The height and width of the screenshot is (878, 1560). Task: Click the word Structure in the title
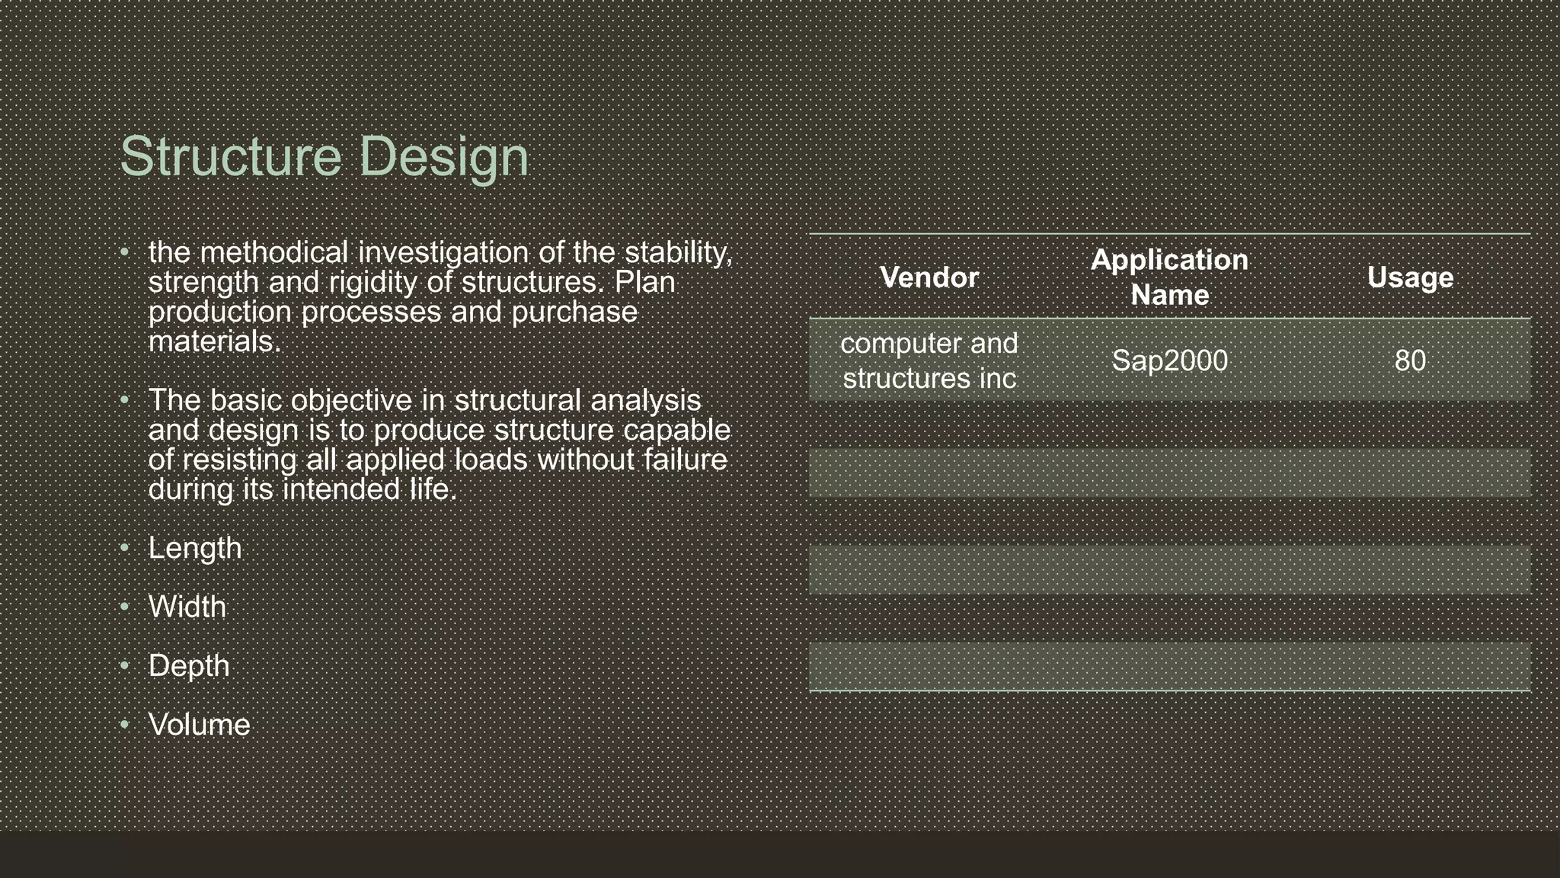(x=231, y=156)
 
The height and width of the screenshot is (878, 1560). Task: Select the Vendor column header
(x=929, y=277)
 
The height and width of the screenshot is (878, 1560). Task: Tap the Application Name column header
(x=1169, y=277)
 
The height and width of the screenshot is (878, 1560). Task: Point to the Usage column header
(x=1410, y=277)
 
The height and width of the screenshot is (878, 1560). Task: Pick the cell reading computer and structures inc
(x=929, y=360)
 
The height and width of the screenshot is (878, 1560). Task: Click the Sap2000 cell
(x=1169, y=360)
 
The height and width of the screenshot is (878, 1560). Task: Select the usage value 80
(x=1410, y=360)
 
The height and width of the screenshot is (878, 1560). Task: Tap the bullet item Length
(x=195, y=548)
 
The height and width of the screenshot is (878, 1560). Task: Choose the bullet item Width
(x=187, y=607)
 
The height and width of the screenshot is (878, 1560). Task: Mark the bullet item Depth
(x=189, y=665)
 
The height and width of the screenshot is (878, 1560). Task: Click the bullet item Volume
(x=199, y=724)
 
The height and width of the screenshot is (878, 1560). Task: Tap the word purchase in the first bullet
(x=574, y=312)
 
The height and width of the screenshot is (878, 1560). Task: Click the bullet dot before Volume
(x=125, y=724)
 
